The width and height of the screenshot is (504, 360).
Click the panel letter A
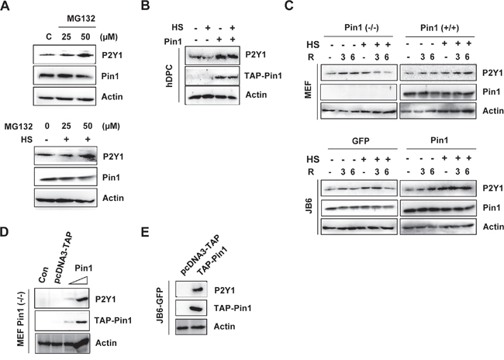tap(5, 5)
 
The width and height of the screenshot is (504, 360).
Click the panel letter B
tap(145, 5)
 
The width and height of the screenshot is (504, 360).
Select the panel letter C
tap(289, 5)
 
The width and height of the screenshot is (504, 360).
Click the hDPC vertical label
tap(169, 76)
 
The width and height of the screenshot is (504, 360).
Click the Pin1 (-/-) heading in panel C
tap(361, 28)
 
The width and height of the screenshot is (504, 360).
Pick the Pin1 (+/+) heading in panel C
tap(440, 28)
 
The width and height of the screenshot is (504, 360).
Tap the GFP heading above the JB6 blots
tap(361, 140)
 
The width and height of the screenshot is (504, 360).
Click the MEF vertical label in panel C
tap(308, 90)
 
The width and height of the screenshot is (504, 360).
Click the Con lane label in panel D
tap(43, 275)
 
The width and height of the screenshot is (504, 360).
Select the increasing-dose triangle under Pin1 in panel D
tap(79, 280)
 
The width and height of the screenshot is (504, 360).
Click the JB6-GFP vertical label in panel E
tap(160, 306)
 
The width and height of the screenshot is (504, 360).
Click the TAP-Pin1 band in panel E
tap(195, 309)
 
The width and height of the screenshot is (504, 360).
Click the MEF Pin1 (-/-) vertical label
tap(21, 321)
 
